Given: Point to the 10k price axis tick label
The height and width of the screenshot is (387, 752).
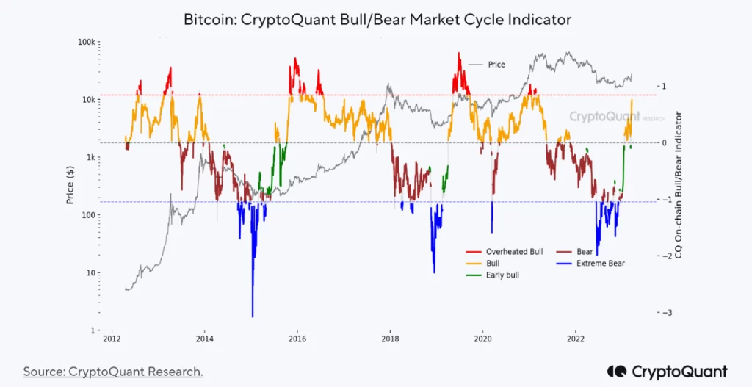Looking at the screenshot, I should [89, 100].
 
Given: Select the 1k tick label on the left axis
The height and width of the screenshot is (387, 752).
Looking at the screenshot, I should [91, 158].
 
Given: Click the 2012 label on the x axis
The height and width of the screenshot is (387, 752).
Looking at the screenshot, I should [112, 339].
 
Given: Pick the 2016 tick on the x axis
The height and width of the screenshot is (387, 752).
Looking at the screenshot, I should [297, 339].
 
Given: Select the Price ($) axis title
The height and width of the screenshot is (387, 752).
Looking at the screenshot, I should [71, 184].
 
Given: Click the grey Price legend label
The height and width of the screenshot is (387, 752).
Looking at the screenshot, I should [496, 65].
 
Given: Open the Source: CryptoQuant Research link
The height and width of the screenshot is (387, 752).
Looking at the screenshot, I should [113, 372].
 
